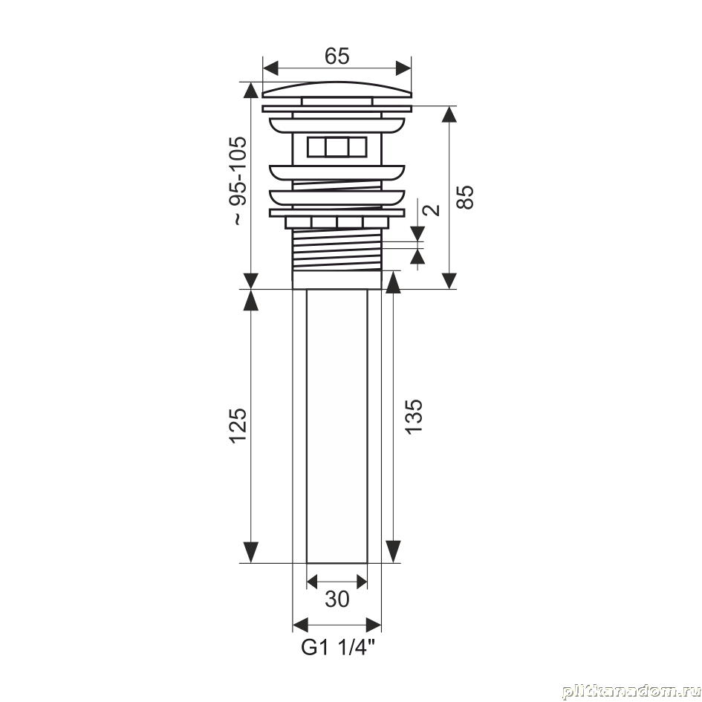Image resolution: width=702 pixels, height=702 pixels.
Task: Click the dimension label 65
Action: point(337,56)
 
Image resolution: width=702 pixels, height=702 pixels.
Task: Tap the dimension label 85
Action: point(465,197)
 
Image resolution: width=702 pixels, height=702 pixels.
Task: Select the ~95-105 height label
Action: point(238,181)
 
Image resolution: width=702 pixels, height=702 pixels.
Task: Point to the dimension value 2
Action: point(432,210)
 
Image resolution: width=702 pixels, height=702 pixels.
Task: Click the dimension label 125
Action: point(238,426)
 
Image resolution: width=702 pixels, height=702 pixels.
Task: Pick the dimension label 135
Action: point(413,416)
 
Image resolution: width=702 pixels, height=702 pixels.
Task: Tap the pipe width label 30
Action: point(337,599)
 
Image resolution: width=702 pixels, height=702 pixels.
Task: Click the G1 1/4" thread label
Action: point(337,647)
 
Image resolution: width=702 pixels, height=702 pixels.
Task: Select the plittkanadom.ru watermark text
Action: point(631,692)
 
